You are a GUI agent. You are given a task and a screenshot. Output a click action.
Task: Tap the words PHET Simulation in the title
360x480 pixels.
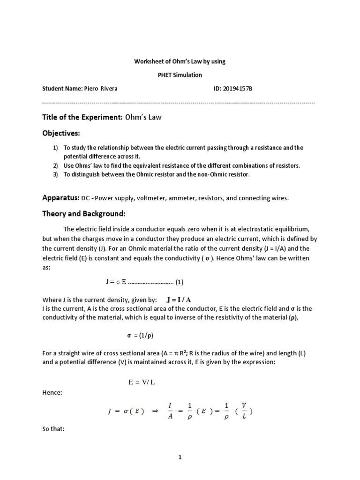click(x=180, y=75)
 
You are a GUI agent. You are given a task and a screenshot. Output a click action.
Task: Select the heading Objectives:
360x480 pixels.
click(x=61, y=133)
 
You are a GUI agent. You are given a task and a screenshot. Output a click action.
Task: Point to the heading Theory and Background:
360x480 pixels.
click(x=83, y=214)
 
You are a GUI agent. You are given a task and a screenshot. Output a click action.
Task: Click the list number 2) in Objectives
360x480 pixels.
click(x=55, y=165)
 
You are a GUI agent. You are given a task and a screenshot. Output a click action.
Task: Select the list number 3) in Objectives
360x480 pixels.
click(x=55, y=174)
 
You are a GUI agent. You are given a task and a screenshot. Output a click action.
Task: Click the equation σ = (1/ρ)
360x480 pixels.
click(x=141, y=336)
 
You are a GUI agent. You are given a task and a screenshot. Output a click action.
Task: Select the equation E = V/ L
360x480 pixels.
click(x=142, y=382)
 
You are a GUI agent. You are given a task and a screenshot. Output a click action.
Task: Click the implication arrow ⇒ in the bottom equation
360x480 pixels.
click(x=155, y=411)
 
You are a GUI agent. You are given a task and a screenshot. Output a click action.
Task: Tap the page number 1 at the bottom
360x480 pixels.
click(x=180, y=457)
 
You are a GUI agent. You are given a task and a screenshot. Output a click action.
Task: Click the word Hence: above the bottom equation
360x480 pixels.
click(x=52, y=393)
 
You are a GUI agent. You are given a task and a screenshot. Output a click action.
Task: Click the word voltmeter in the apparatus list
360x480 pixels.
click(x=150, y=198)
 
